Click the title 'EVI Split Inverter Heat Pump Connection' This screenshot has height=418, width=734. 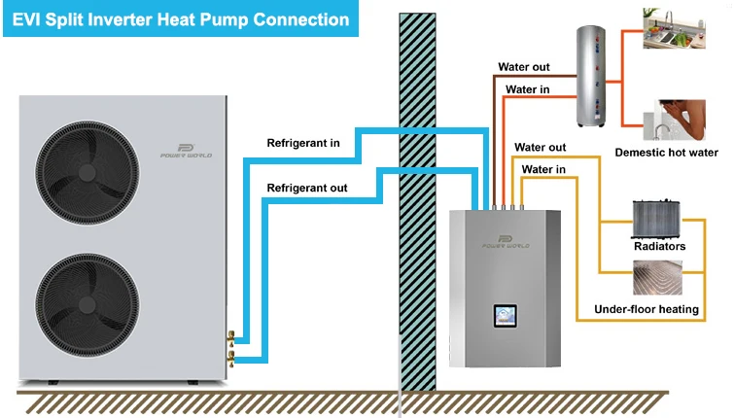181,18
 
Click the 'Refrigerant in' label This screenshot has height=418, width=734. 303,144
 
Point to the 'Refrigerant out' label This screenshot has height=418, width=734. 307,188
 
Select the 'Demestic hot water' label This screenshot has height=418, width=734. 667,153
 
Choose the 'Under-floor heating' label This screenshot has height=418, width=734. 647,310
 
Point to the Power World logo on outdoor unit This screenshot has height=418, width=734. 187,151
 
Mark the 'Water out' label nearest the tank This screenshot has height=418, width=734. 524,67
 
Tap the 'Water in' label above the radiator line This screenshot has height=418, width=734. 543,169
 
